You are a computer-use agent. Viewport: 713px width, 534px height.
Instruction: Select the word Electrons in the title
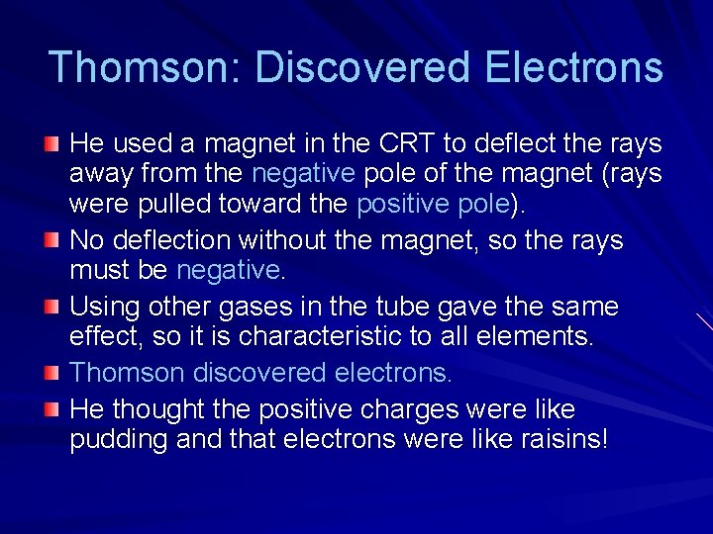574,67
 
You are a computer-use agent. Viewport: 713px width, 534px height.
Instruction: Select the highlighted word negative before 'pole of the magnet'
303,175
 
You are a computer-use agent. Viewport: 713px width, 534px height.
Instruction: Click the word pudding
118,439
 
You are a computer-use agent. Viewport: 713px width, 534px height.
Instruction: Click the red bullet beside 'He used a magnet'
51,145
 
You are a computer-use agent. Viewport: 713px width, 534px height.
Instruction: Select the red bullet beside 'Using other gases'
51,308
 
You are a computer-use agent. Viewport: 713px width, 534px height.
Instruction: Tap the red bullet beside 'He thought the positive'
51,409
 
